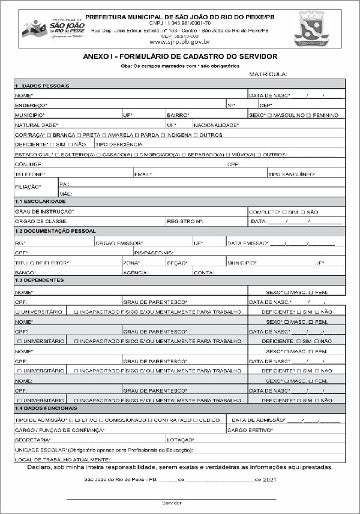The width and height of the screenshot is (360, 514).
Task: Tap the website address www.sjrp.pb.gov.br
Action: (x=179, y=42)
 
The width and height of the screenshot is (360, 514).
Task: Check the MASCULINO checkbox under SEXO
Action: (x=270, y=115)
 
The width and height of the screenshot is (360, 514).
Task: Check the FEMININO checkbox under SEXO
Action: (x=309, y=115)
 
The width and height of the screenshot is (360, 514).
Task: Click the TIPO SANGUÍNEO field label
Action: (x=291, y=174)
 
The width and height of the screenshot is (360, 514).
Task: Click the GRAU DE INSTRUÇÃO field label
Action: (x=44, y=212)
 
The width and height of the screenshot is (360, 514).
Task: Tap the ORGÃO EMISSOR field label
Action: (x=119, y=243)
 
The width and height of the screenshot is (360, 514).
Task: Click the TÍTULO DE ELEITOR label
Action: (x=42, y=263)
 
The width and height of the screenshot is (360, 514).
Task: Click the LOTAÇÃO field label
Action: (x=179, y=440)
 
